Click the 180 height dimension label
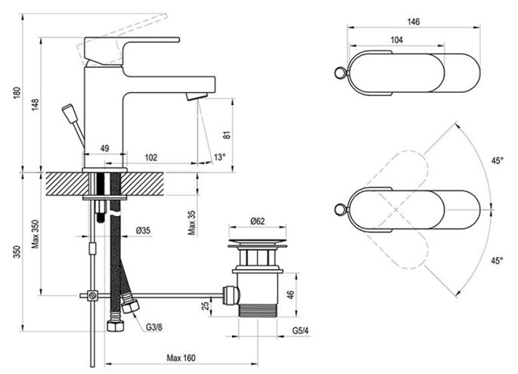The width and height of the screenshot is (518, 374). point(17,92)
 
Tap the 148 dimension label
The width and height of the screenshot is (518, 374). point(36,104)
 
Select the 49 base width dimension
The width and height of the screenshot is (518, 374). point(104,149)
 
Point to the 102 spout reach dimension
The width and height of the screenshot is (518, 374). point(151,157)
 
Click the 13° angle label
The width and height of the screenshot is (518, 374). point(219,157)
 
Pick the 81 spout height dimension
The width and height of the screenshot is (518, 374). point(228,135)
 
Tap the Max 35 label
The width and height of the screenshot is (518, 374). point(192,223)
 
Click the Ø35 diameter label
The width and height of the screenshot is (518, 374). point(143,230)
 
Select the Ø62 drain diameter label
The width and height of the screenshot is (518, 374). point(257,221)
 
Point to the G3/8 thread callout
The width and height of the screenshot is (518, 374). point(154,327)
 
